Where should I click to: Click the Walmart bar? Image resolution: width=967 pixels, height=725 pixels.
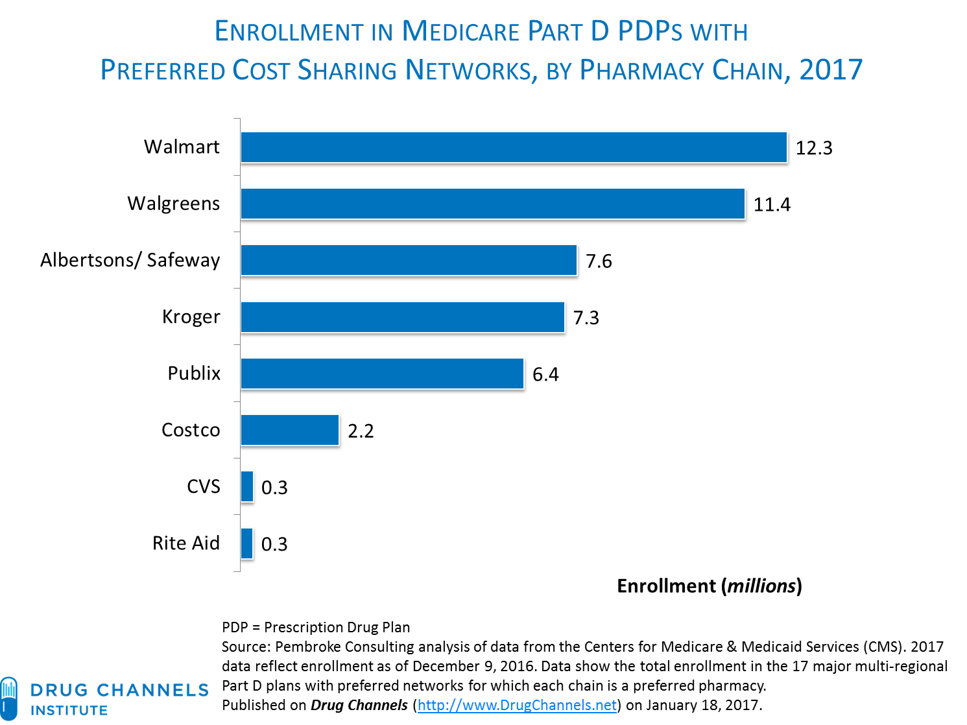tap(514, 147)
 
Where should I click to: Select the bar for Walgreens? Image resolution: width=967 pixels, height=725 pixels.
tap(493, 204)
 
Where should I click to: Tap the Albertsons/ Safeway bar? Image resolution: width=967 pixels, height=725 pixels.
tap(409, 260)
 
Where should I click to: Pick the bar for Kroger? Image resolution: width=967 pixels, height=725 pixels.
tap(403, 317)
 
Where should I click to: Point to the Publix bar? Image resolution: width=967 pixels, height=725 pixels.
tap(383, 374)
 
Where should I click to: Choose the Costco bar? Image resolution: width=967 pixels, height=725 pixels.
tap(290, 430)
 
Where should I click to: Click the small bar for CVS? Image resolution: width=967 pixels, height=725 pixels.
tap(247, 486)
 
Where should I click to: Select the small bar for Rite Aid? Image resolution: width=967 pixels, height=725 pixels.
tap(247, 543)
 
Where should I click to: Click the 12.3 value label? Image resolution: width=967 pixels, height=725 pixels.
tap(814, 149)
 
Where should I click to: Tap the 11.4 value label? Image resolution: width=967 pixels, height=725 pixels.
tap(772, 205)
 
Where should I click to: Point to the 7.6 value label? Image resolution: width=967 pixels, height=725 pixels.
tap(599, 261)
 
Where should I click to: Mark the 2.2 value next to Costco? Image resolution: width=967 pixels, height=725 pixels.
tap(361, 431)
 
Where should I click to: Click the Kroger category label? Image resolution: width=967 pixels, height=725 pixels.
tap(191, 317)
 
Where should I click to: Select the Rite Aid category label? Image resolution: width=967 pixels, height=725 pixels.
tap(186, 543)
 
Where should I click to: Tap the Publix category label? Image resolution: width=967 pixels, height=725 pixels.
tap(194, 374)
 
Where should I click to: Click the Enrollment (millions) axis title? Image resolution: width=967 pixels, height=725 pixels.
tap(710, 586)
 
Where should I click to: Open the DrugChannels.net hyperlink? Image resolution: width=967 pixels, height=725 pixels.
tap(517, 706)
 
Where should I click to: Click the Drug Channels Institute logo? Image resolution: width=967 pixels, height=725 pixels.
tap(104, 698)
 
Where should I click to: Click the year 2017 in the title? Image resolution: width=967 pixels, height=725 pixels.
tap(831, 70)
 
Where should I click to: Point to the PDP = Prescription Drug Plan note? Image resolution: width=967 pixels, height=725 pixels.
tap(316, 627)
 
